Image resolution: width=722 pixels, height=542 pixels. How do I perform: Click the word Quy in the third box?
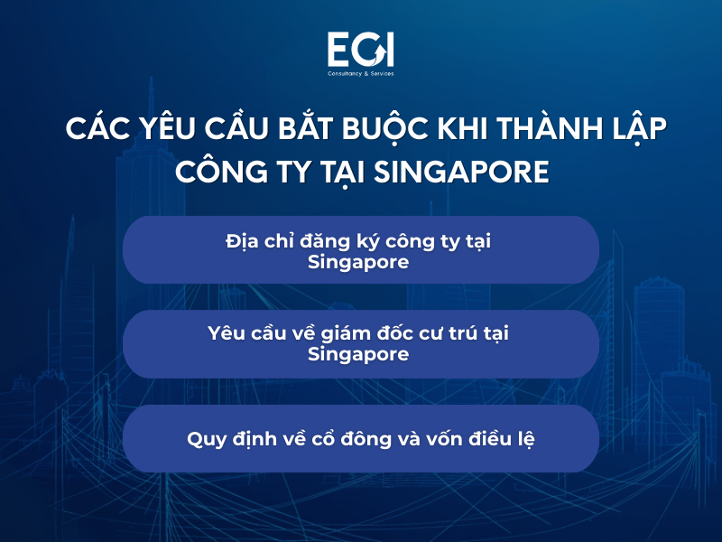(204, 439)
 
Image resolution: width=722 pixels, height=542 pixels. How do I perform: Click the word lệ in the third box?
(524, 439)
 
